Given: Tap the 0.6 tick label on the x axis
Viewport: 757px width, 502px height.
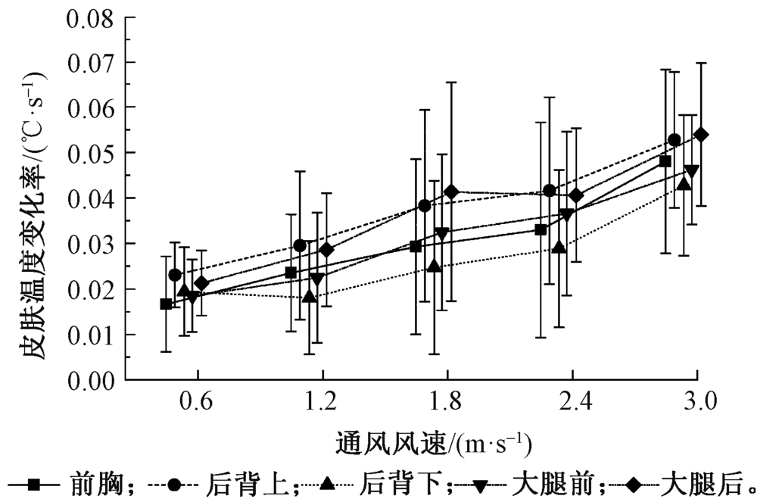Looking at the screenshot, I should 198,401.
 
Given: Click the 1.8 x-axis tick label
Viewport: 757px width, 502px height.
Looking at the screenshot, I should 447,401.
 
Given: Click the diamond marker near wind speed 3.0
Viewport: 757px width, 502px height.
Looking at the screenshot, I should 701,135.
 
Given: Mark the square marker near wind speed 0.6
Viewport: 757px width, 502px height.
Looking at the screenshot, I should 166,304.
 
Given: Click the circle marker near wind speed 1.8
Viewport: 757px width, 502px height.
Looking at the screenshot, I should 425,206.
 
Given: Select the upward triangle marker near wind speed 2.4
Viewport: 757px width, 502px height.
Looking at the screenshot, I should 559,247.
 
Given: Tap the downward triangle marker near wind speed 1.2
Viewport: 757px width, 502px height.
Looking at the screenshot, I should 316,279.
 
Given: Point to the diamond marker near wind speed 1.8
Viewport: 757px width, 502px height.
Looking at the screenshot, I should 452,192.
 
